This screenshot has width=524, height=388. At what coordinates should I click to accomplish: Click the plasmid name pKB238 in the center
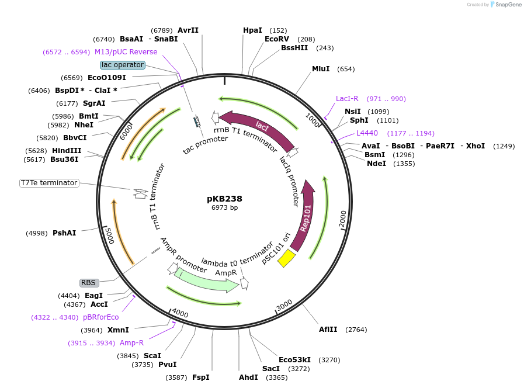coord(224,199)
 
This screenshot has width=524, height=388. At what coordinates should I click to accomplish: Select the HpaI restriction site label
coord(252,30)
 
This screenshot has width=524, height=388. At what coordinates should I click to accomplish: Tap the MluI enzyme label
coord(321,69)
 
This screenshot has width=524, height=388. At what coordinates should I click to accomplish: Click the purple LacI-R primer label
coord(347,99)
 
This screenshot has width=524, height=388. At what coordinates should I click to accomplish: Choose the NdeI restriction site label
coord(376,164)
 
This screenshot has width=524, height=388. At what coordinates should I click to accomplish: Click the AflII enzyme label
coord(328,330)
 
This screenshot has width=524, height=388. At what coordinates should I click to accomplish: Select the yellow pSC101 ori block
coord(286,258)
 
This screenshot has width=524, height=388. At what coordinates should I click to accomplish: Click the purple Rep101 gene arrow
coord(304,219)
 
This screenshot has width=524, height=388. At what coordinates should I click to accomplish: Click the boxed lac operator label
coord(122,65)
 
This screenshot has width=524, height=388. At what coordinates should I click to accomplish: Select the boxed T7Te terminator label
coord(49,183)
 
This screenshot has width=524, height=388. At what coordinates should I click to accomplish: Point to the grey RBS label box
coord(88,283)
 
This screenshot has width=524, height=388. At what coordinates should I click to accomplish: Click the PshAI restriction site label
coord(64,233)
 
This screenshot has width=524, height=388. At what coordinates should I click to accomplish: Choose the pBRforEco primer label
coord(100,317)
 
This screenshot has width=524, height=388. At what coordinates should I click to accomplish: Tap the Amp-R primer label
coord(131,343)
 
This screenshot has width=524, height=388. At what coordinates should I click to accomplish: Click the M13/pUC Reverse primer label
coord(126,52)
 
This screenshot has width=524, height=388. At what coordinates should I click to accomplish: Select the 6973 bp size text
coord(224,207)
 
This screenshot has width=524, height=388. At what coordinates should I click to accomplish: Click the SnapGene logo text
coord(505,5)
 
